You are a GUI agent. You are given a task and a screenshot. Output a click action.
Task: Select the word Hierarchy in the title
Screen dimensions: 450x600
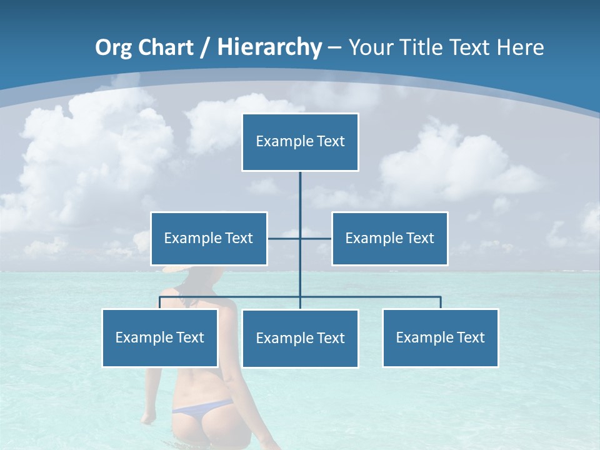pyautogui.click(x=269, y=47)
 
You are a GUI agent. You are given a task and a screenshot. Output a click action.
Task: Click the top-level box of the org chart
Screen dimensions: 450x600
pyautogui.click(x=300, y=142)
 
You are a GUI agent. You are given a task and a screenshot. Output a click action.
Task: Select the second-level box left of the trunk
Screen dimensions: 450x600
pyautogui.click(x=209, y=239)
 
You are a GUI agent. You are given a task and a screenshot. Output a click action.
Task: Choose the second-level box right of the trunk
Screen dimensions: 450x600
pyautogui.click(x=389, y=239)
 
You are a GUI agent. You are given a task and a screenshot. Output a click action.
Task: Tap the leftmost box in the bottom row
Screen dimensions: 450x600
pyautogui.click(x=159, y=338)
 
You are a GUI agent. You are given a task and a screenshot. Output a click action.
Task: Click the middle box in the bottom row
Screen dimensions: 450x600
pyautogui.click(x=300, y=339)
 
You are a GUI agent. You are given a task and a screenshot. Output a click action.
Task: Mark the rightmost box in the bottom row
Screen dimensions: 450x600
pyautogui.click(x=440, y=338)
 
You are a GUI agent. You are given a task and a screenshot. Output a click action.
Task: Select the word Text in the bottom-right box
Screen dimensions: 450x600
pyautogui.click(x=470, y=338)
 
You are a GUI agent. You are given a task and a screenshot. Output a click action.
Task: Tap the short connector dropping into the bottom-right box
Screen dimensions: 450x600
pyautogui.click(x=440, y=302)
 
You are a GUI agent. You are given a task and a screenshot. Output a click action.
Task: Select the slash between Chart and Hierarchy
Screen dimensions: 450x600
pyautogui.click(x=204, y=48)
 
